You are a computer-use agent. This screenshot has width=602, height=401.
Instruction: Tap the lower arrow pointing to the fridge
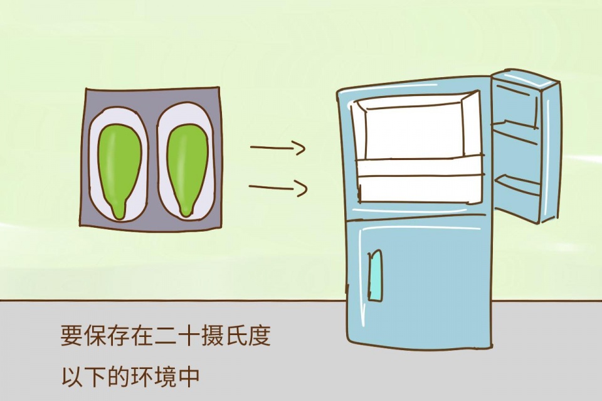click(x=277, y=188)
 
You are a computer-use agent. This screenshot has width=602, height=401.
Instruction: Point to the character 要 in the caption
click(x=71, y=336)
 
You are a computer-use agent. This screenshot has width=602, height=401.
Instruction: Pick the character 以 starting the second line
click(x=71, y=377)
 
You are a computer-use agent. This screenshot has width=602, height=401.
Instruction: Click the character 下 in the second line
click(x=95, y=377)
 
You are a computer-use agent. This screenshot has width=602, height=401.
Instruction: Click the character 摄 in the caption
click(x=213, y=336)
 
